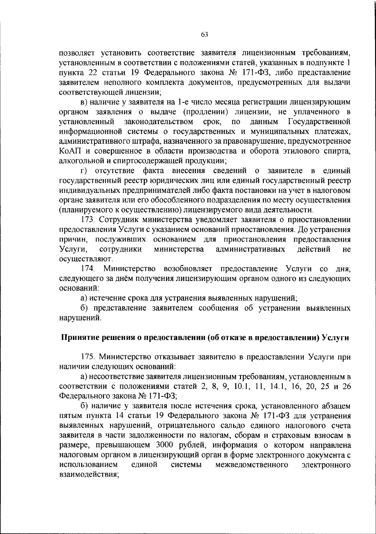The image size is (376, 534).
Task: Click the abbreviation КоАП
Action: (x=70, y=151)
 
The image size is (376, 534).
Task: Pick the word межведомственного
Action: (x=252, y=464)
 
